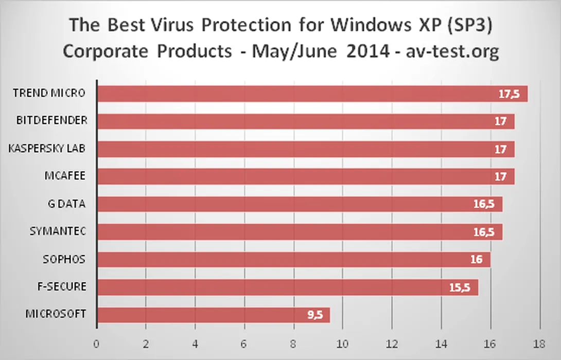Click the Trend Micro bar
pyautogui.click(x=309, y=94)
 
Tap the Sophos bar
pyautogui.click(x=288, y=260)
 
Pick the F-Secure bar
pyautogui.click(x=283, y=287)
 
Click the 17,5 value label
pyautogui.click(x=509, y=94)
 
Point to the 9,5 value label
pyautogui.click(x=315, y=315)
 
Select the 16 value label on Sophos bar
pyautogui.click(x=476, y=260)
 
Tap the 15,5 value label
pyautogui.click(x=459, y=287)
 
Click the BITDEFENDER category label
pyautogui.click(x=51, y=120)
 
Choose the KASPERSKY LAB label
pyautogui.click(x=47, y=148)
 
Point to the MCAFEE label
pyautogui.click(x=64, y=176)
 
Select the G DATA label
pyautogui.click(x=66, y=204)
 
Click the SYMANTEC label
pyautogui.click(x=57, y=231)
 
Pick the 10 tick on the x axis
pyautogui.click(x=342, y=343)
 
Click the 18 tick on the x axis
pyautogui.click(x=539, y=343)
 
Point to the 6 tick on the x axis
pyautogui.click(x=244, y=343)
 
